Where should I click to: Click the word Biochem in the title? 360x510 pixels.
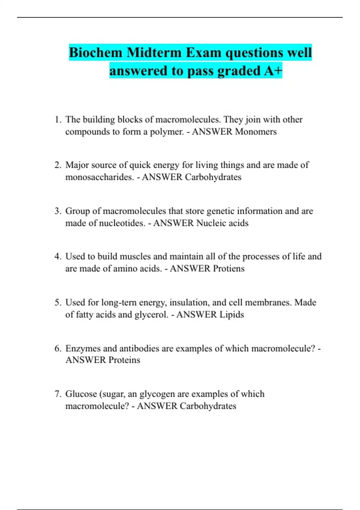coord(96,53)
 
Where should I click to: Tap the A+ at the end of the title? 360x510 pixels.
coord(273,71)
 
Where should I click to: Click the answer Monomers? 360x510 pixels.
coord(256,132)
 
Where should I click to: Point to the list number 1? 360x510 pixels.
coord(58,120)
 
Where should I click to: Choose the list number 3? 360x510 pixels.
coord(58,211)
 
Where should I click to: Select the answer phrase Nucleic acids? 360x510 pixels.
coord(222,223)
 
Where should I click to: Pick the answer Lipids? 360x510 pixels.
coord(232,315)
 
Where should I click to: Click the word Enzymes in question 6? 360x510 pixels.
coord(83,349)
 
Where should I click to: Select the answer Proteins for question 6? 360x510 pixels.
coord(124,360)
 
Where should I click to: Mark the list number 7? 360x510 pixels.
coord(58,394)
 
